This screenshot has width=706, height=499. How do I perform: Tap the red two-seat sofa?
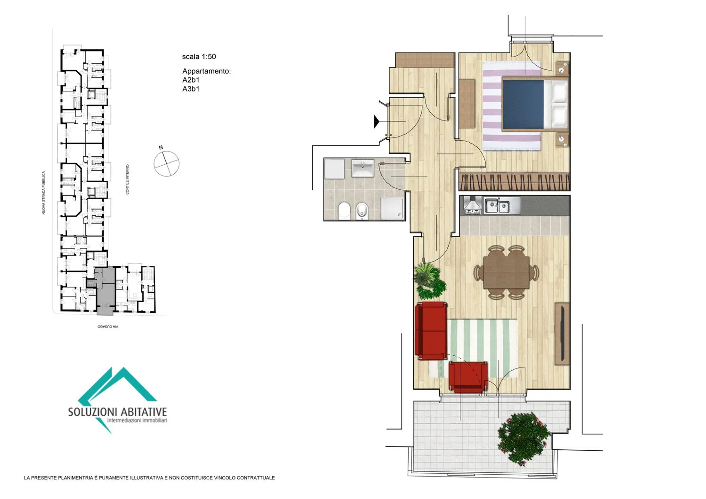(x=431, y=331)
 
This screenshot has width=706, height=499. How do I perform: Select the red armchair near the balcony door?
(x=468, y=377)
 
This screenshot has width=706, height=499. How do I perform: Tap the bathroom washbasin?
(x=362, y=168)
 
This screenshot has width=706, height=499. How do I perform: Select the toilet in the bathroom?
(x=344, y=211)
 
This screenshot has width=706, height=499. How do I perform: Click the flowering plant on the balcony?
(x=523, y=438)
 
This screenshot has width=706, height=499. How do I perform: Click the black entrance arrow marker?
(x=376, y=122)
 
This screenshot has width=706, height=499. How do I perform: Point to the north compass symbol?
(x=166, y=163)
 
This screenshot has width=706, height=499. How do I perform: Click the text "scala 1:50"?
(x=199, y=57)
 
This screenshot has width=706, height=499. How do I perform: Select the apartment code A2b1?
(x=191, y=80)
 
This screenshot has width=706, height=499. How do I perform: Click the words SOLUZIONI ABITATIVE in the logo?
(x=118, y=412)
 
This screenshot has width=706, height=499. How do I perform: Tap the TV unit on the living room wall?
(x=563, y=334)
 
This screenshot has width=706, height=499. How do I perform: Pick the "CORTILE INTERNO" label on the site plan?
(x=127, y=179)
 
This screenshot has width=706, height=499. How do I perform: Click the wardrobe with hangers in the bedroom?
(x=515, y=182)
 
